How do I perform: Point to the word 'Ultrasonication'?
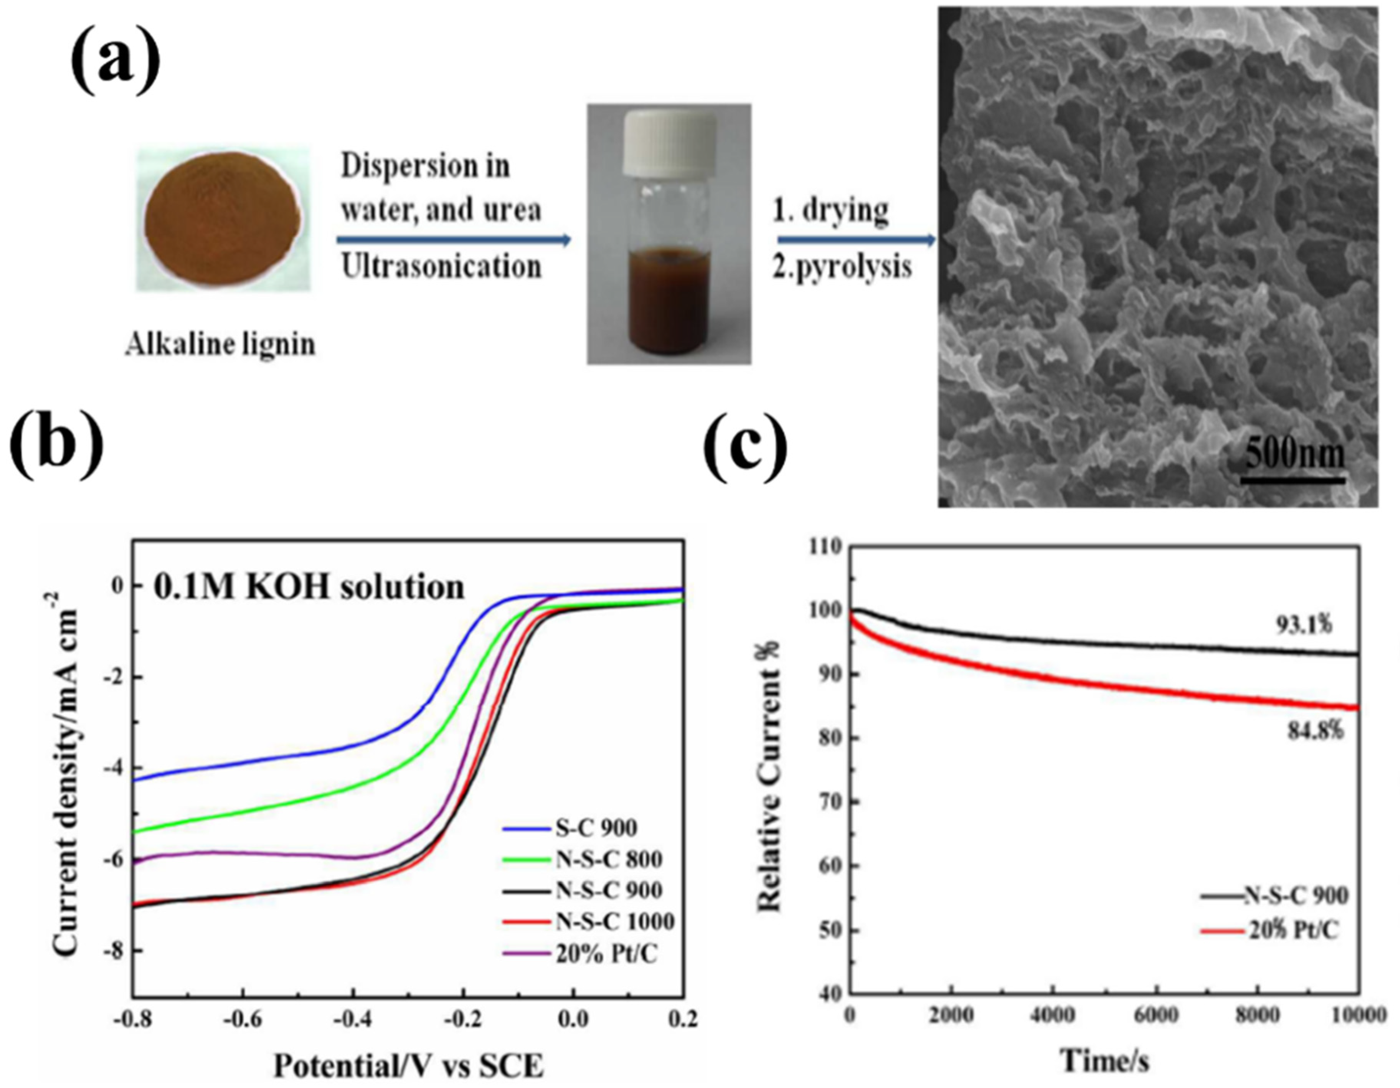pyautogui.click(x=441, y=266)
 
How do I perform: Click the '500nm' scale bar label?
pyautogui.click(x=1294, y=454)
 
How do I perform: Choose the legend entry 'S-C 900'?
pyautogui.click(x=596, y=828)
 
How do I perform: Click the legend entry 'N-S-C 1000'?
pyautogui.click(x=614, y=922)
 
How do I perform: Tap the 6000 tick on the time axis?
pyautogui.click(x=1157, y=1015)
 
